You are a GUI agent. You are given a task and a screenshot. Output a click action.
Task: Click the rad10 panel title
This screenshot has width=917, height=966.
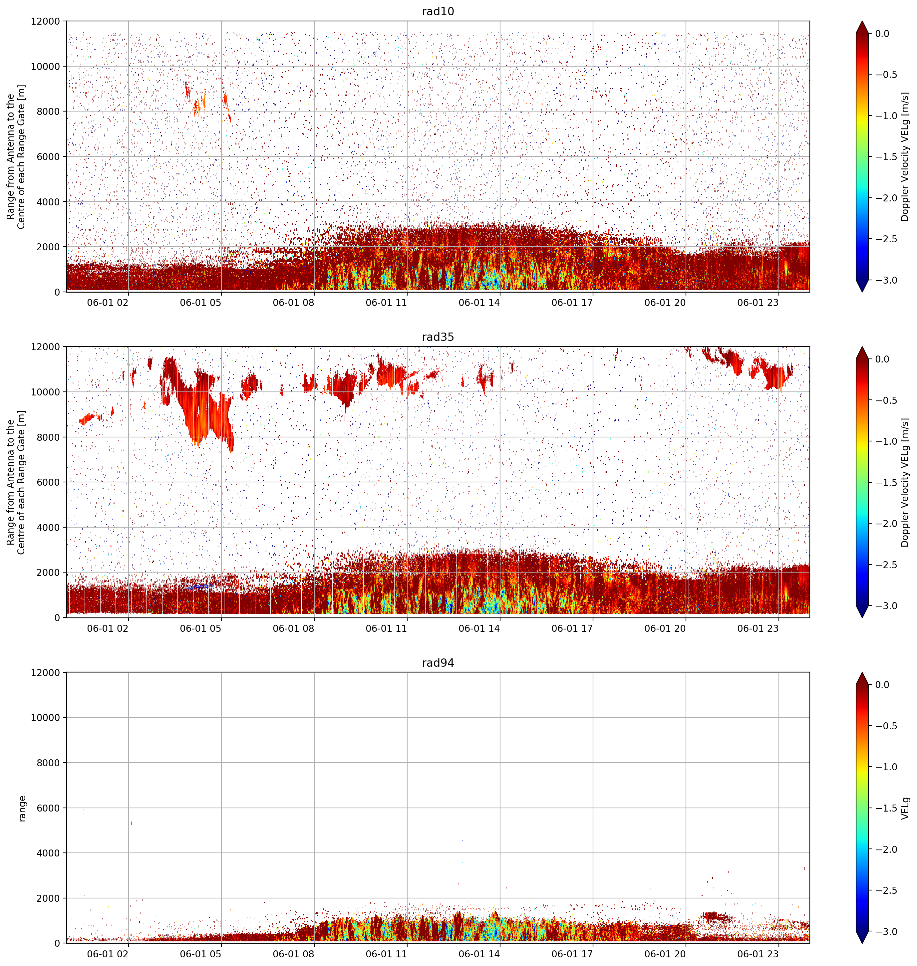[438, 11]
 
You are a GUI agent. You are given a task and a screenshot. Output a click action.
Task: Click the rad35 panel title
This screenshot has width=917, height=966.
[438, 337]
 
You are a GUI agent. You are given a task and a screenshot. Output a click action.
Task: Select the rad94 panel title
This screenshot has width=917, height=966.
[438, 663]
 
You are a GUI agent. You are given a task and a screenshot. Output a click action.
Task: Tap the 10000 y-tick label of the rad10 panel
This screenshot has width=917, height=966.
[46, 67]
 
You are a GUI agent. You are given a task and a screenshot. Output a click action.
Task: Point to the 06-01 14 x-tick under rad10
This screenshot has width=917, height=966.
[479, 303]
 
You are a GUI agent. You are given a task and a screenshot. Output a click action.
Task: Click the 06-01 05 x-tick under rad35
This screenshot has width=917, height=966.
[200, 628]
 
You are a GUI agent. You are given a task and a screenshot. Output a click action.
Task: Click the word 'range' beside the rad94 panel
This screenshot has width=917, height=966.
[22, 808]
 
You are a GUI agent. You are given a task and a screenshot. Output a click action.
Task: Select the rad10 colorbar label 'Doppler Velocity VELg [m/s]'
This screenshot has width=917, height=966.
[905, 156]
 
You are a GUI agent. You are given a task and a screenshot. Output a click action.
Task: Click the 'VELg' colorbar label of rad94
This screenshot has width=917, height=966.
[905, 808]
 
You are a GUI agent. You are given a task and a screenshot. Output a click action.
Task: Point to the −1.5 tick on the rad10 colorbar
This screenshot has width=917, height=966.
[885, 157]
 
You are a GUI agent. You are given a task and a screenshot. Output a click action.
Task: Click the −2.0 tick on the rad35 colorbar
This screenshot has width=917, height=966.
[885, 523]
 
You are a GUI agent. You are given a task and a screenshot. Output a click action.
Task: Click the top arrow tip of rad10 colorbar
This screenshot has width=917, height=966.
[863, 21]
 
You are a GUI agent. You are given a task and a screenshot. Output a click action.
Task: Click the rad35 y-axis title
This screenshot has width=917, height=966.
[17, 482]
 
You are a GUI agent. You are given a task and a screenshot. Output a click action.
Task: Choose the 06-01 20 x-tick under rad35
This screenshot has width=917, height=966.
[665, 628]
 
